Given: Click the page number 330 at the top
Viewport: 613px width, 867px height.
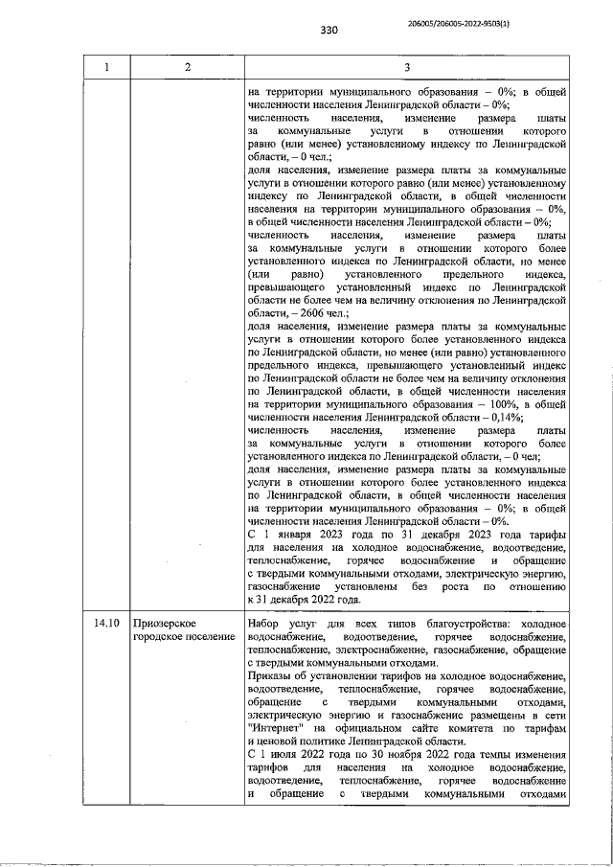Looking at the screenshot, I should point(330,30).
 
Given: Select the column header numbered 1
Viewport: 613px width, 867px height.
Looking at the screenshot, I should point(107,67).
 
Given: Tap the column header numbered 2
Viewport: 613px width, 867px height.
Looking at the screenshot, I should point(187,67).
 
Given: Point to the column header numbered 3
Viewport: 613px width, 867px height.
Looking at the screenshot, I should point(407,67).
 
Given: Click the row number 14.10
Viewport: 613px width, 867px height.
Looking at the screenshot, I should point(107,623).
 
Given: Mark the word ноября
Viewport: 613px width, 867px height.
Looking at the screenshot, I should point(403,754).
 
